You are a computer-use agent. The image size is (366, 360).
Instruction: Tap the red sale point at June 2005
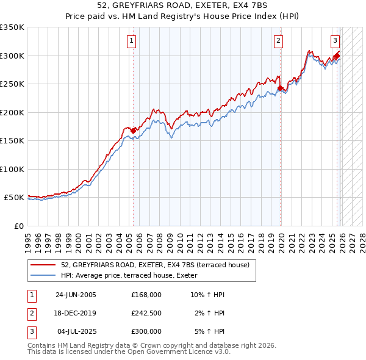pos(133,130)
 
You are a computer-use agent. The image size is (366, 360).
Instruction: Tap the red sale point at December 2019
pos(280,88)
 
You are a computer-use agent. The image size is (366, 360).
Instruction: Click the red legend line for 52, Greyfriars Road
pos(43,265)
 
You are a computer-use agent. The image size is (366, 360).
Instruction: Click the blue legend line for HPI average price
pos(43,276)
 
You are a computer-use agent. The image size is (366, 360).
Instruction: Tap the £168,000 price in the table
pos(146,295)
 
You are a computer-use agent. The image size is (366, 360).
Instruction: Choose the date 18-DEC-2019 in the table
pos(76,313)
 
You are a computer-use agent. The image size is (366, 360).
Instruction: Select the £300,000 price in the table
pos(146,331)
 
